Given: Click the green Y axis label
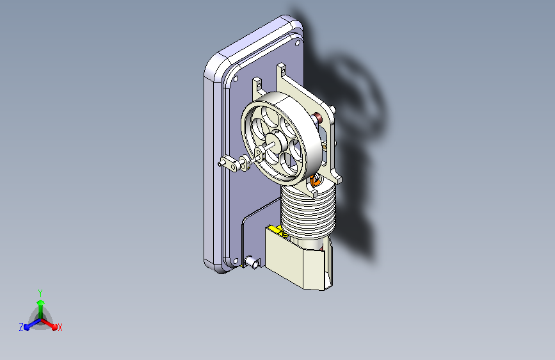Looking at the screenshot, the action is [40, 293].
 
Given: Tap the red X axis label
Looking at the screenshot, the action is [60, 328].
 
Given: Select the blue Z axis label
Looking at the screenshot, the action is [21, 327].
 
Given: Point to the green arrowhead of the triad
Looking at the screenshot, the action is [40, 302].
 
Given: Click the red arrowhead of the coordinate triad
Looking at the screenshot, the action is [54, 327].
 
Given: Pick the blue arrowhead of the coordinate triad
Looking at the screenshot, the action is [27, 327].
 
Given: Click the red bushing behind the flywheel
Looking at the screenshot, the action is [318, 117].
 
